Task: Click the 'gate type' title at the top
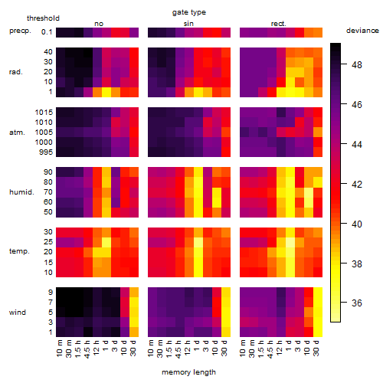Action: pos(189,12)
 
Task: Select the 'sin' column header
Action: pos(188,24)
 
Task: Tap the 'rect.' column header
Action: pos(279,24)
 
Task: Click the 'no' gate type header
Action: pos(99,24)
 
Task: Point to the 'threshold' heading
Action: pos(43,18)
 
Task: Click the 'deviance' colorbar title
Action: pos(362,31)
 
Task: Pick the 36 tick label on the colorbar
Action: pos(357,303)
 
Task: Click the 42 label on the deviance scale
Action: pos(357,184)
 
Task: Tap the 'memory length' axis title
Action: pos(188,372)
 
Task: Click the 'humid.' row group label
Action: pos(21,192)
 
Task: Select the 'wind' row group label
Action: pos(18,313)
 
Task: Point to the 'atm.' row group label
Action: pos(17,133)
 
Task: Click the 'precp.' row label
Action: pos(20,31)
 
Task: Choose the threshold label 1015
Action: pos(44,113)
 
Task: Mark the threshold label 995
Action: pos(46,152)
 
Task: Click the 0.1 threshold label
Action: pos(47,32)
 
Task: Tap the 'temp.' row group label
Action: pos(19,251)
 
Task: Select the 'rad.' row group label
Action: pos(16,72)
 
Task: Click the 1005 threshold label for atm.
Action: pos(44,133)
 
